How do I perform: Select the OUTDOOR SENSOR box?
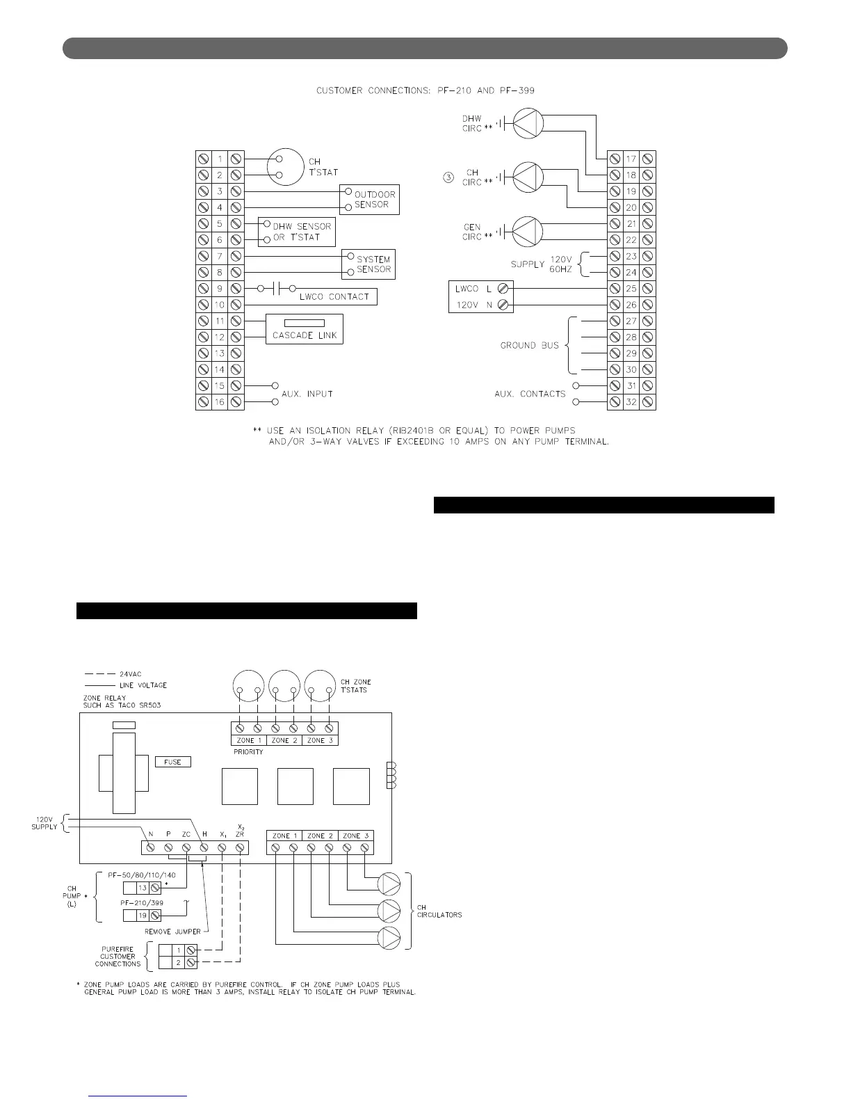coord(370,200)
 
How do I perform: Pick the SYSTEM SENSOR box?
coord(368,264)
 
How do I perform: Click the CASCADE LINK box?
coord(305,329)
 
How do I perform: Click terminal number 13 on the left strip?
coord(220,353)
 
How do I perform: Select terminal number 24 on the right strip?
coord(631,273)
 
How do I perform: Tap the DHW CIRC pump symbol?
coord(528,123)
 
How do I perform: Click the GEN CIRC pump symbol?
coord(528,232)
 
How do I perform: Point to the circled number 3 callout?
coord(448,178)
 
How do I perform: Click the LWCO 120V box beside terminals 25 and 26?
coord(481,297)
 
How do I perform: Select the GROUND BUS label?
coord(529,345)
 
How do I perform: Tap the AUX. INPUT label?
coord(307,394)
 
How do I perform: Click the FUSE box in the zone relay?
coord(172,762)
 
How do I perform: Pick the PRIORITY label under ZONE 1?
coord(248,752)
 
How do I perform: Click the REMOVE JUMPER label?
coord(172,932)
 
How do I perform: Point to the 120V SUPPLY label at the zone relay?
coord(44,823)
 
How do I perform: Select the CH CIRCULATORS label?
coord(439,911)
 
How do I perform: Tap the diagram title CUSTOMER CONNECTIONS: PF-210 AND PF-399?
coord(425,90)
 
